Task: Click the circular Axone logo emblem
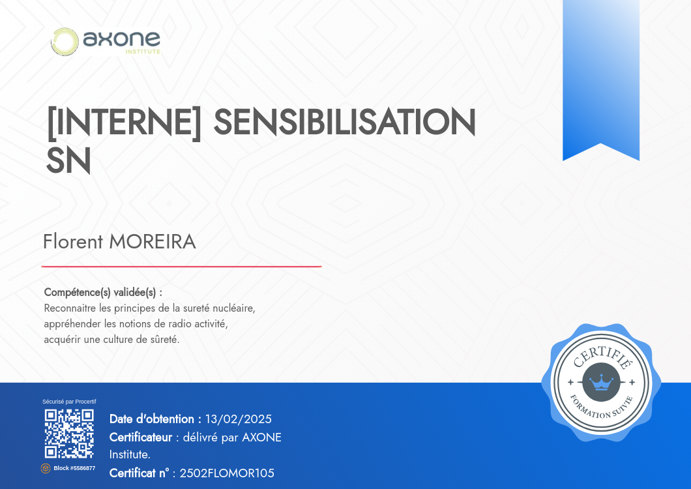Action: click(x=65, y=42)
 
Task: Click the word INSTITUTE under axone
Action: click(x=143, y=52)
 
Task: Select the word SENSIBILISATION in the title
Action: click(x=345, y=122)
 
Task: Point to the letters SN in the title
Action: click(x=68, y=160)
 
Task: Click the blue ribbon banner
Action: click(x=601, y=80)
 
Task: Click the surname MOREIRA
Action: click(x=153, y=242)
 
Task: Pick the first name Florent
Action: click(x=73, y=242)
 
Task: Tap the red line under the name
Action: click(x=182, y=266)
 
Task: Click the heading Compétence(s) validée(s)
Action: click(x=103, y=292)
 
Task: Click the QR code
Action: click(x=69, y=434)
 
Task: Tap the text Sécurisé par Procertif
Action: click(x=69, y=402)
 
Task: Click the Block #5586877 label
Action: click(x=74, y=468)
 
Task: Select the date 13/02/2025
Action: click(x=239, y=419)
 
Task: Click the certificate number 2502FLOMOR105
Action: click(x=227, y=473)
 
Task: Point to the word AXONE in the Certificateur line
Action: click(x=262, y=437)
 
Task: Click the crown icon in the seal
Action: click(x=601, y=382)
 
